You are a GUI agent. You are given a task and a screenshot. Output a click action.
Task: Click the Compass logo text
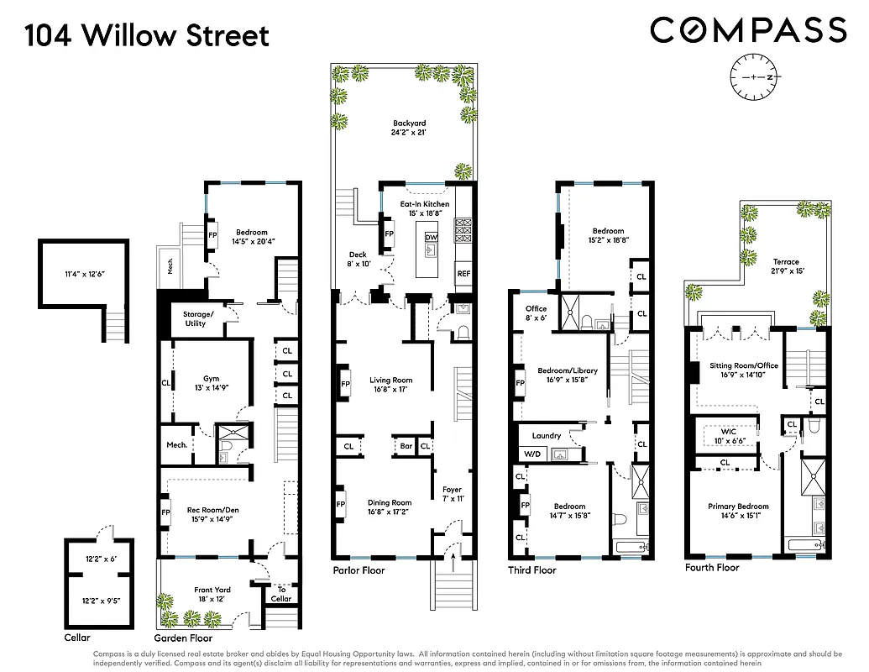(748, 30)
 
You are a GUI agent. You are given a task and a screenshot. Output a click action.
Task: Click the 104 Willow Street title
(147, 36)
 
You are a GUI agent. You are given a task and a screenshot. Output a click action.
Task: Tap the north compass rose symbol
(755, 76)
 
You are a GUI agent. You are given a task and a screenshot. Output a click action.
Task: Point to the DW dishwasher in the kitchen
(432, 238)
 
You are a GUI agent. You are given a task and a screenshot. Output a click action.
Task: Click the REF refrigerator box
(463, 274)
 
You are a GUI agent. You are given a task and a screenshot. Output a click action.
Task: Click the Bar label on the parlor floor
(406, 447)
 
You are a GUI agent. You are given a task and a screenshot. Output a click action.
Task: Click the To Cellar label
(281, 594)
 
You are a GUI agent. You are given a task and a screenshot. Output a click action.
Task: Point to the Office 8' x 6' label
(536, 313)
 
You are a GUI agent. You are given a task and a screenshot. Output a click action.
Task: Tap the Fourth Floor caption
(712, 568)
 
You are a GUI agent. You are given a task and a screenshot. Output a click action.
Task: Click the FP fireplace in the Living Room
(344, 384)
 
